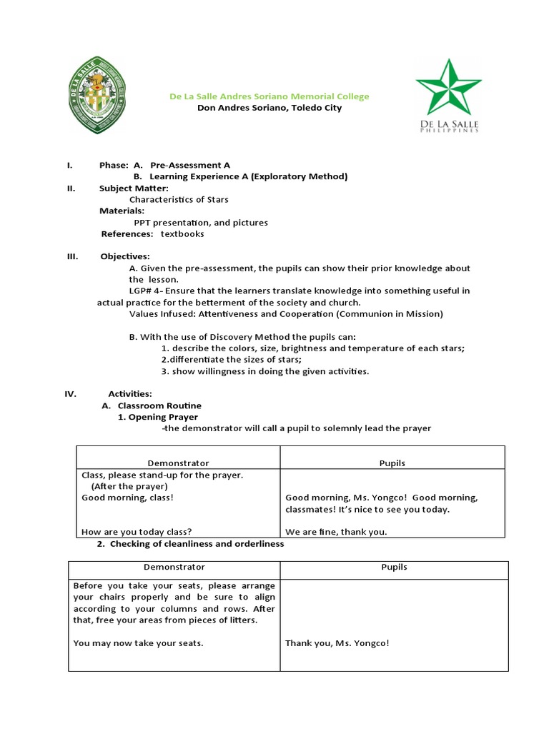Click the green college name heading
coord(269,96)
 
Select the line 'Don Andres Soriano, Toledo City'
coord(269,108)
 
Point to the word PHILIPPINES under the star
coord(449,131)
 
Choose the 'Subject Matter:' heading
coord(134,188)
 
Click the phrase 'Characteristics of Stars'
coord(179,199)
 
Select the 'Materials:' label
coord(122,211)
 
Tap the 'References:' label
coord(127,233)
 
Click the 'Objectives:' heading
coord(125,256)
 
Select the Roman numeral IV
coord(71,394)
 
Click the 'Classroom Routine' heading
coord(159,405)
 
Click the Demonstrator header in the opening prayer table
coord(178,463)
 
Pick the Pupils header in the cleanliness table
coord(394,567)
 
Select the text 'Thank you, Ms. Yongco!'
coord(337,643)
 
